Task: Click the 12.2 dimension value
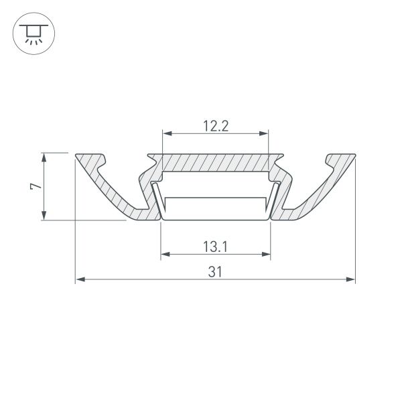pyautogui.click(x=215, y=125)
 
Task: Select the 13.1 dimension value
pyautogui.click(x=215, y=246)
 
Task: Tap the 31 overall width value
pyautogui.click(x=215, y=271)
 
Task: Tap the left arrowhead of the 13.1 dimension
pyautogui.click(x=165, y=255)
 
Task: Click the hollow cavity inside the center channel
pyautogui.click(x=215, y=184)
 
